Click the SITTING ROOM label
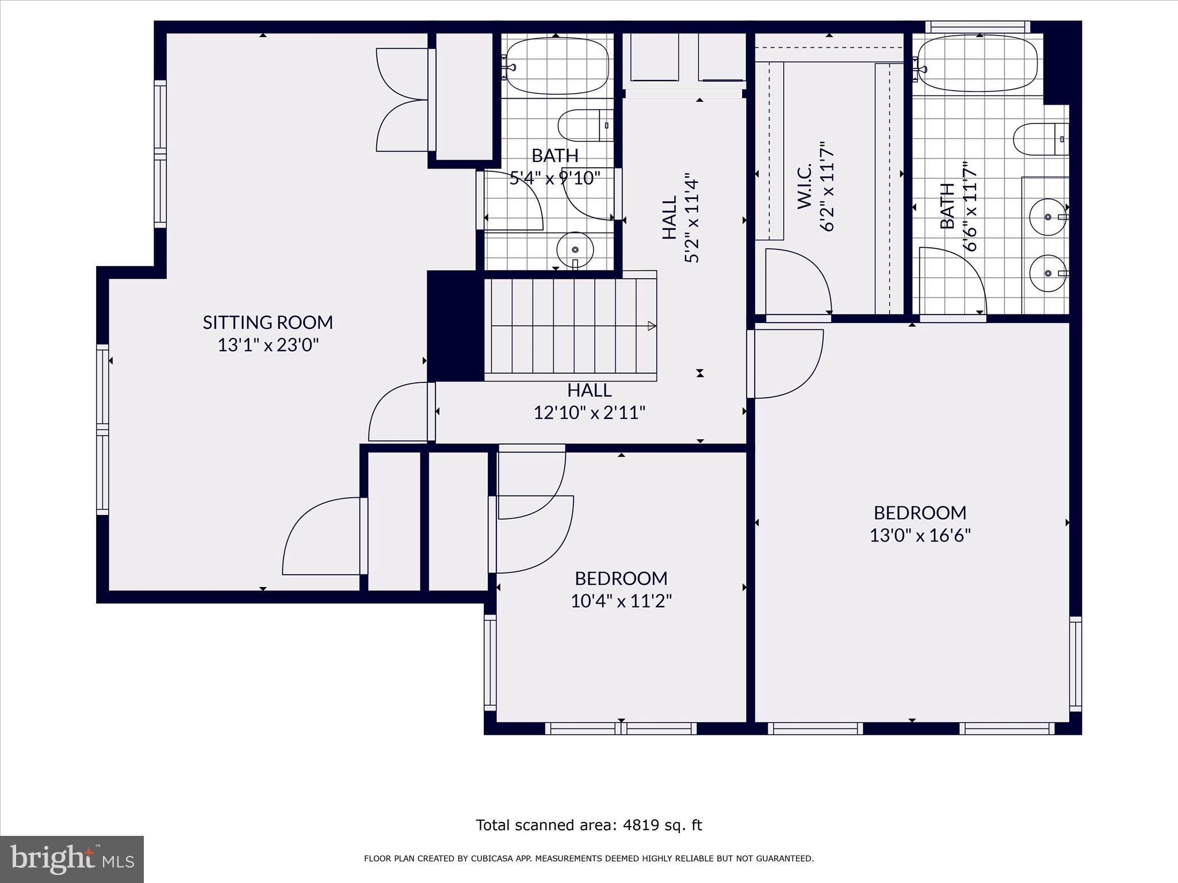[x=267, y=323]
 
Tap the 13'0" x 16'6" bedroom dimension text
[x=920, y=536]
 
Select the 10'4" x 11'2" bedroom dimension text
[x=621, y=601]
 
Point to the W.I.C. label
[x=804, y=186]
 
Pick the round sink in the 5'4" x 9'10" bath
[x=575, y=249]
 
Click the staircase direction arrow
[x=652, y=326]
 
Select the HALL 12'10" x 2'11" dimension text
[x=590, y=413]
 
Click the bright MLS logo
[x=72, y=859]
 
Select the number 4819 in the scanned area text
[x=637, y=826]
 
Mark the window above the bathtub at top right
[x=977, y=27]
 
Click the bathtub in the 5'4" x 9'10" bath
[x=556, y=66]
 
